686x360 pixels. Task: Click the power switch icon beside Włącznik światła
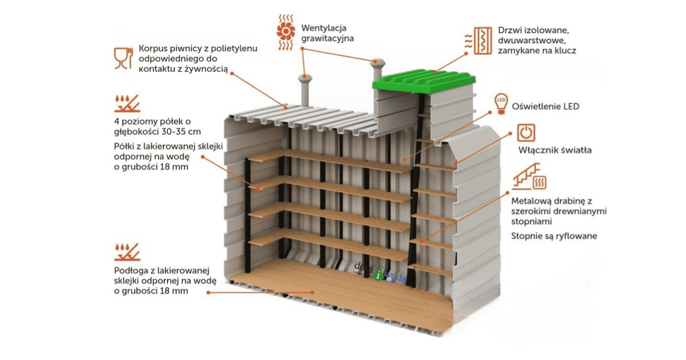coord(526,133)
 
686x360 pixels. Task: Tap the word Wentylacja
coord(324,28)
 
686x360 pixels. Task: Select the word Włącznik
coord(537,151)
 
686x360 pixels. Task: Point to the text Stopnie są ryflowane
coord(554,235)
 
